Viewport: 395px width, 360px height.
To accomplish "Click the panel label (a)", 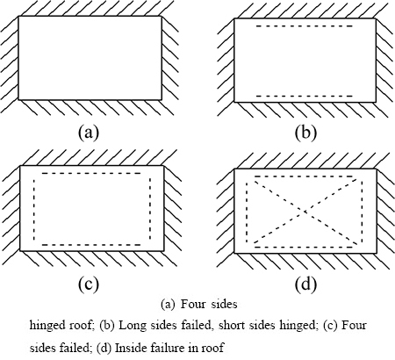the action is pyautogui.click(x=89, y=133).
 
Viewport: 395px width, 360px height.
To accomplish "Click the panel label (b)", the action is pyautogui.click(x=305, y=133).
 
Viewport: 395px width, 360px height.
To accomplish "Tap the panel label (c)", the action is pyautogui.click(x=89, y=284).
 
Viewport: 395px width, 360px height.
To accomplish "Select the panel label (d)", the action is pyautogui.click(x=305, y=284).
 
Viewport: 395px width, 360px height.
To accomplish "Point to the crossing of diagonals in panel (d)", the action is pyautogui.click(x=305, y=211).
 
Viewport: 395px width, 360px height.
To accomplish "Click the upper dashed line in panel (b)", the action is pyautogui.click(x=305, y=26).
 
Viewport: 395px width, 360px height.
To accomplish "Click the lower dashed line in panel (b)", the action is pyautogui.click(x=305, y=96).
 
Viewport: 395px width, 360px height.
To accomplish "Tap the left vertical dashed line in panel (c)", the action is pyautogui.click(x=34, y=209).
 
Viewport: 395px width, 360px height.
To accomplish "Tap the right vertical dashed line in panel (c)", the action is pyautogui.click(x=150, y=209).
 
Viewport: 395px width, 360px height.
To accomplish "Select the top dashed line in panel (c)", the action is pyautogui.click(x=91, y=173).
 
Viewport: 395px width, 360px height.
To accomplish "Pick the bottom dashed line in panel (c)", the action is pyautogui.click(x=91, y=245).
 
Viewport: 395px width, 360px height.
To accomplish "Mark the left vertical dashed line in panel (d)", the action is pyautogui.click(x=248, y=212).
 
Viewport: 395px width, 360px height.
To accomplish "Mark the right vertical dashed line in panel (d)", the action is pyautogui.click(x=363, y=212).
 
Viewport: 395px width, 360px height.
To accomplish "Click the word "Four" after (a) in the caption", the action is pyautogui.click(x=193, y=305).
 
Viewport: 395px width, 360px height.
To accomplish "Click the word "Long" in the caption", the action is pyautogui.click(x=130, y=326).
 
